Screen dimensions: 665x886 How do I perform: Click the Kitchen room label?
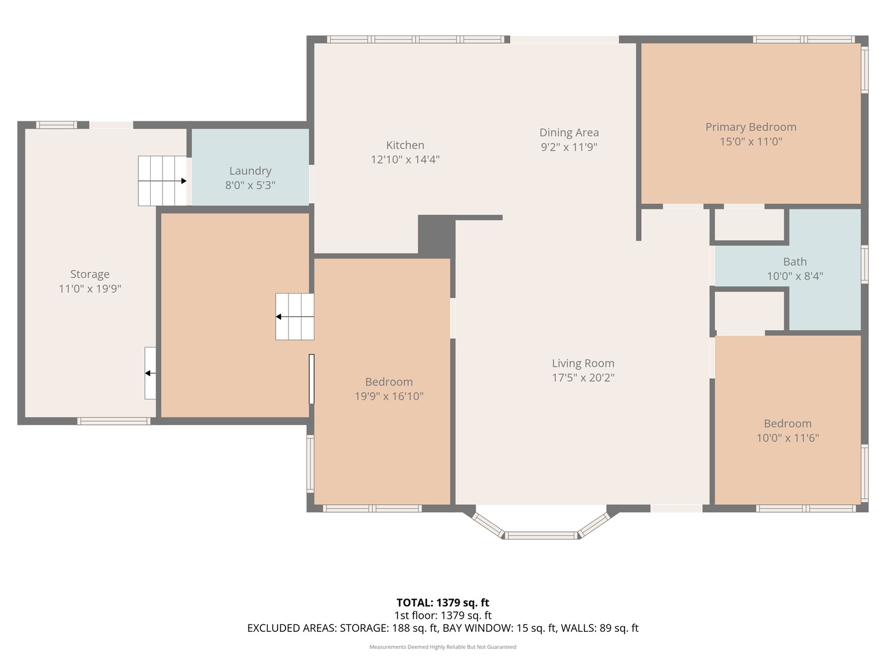(x=405, y=145)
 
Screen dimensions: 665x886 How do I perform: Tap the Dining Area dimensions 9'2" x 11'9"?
(x=569, y=147)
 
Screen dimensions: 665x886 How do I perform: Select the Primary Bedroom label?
(x=751, y=127)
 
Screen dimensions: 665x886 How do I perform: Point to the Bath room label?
(x=794, y=262)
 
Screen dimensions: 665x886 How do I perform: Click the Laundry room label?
(x=250, y=171)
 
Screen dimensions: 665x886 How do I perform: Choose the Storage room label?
(x=90, y=274)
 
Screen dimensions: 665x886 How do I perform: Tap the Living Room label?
(x=583, y=363)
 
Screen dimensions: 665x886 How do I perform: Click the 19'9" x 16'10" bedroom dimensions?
(x=389, y=397)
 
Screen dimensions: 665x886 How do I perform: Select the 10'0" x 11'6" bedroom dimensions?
(x=788, y=438)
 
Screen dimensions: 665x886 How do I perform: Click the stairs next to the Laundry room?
(x=162, y=180)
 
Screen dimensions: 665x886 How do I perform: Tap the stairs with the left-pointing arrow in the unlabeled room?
(x=294, y=316)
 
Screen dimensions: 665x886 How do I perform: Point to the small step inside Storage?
(x=150, y=373)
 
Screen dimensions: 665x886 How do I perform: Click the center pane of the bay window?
(x=541, y=535)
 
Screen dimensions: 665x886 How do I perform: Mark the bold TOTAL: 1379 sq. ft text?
(x=442, y=603)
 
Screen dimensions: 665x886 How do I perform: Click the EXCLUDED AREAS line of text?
(x=442, y=628)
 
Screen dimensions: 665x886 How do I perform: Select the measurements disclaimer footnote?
(x=442, y=647)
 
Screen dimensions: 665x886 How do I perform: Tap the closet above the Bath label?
(x=749, y=225)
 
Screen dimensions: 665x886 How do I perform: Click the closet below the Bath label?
(x=749, y=310)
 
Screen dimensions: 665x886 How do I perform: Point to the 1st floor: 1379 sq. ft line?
(x=442, y=615)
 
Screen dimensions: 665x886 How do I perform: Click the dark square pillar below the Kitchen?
(x=436, y=235)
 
